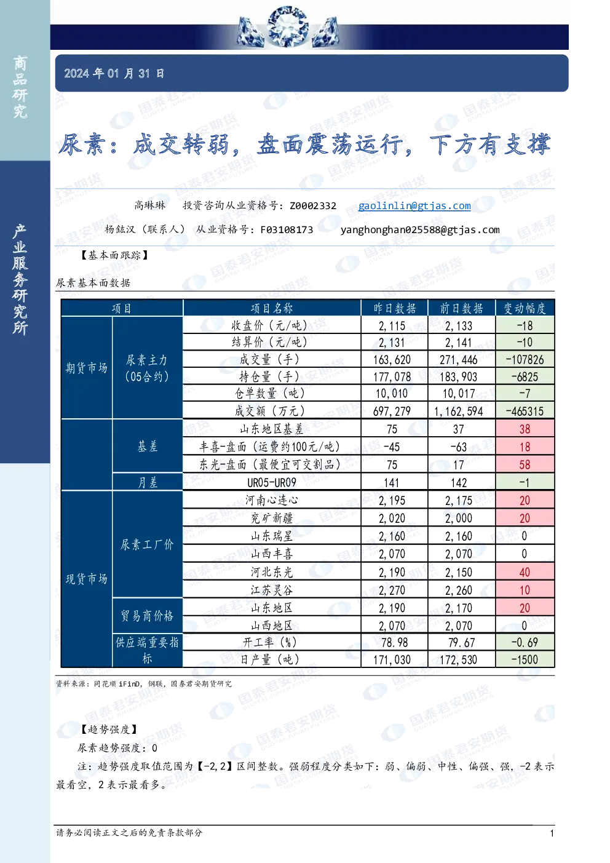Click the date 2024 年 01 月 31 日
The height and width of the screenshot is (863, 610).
point(114,73)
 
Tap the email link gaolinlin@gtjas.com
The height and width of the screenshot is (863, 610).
point(414,205)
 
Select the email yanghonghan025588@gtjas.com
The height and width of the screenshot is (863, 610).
point(420,230)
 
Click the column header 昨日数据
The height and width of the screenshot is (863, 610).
point(394,308)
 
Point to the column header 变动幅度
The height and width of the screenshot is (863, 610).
point(525,308)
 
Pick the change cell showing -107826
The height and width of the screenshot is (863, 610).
point(525,360)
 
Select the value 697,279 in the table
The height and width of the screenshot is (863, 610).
point(392,411)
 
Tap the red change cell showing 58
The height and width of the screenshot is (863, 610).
point(525,464)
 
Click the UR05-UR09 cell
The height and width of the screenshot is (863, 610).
point(272,483)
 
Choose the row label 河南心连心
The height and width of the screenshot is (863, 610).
point(272,500)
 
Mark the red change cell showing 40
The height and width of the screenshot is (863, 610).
point(525,572)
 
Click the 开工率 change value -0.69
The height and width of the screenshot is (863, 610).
point(525,642)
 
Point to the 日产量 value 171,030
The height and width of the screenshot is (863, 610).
point(392,659)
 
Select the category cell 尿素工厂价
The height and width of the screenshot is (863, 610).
point(147,544)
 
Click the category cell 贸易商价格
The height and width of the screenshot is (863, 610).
point(147,616)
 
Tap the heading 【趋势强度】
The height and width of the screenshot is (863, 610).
point(109,730)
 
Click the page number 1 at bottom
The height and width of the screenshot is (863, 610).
point(552,833)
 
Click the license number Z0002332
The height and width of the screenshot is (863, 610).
point(313,205)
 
